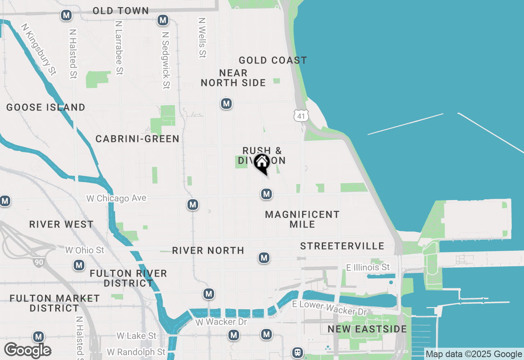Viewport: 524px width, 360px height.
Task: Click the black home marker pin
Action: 262,164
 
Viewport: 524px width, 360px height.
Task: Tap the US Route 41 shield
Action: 301,116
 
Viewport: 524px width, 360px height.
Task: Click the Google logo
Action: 27,350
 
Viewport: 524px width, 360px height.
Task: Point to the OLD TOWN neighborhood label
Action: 121,11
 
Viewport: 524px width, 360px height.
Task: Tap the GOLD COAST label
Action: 273,60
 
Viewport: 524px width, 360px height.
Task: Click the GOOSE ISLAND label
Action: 46,107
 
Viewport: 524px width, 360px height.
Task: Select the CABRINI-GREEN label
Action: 138,139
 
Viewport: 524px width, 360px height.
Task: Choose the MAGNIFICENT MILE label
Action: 302,219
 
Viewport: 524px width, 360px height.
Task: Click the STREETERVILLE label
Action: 342,246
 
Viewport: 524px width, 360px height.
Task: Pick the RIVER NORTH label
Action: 208,250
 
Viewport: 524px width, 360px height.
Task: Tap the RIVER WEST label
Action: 61,224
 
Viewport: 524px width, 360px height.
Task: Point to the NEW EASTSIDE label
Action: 367,329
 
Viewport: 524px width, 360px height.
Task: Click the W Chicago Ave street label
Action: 116,198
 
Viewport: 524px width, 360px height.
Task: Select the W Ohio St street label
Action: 85,250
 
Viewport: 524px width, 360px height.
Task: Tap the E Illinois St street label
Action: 368,267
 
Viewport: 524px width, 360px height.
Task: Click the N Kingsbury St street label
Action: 38,49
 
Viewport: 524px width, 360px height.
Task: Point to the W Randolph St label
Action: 136,352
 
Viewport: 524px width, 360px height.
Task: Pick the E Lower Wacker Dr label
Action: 329,308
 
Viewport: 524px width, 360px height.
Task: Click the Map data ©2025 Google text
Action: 474,354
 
